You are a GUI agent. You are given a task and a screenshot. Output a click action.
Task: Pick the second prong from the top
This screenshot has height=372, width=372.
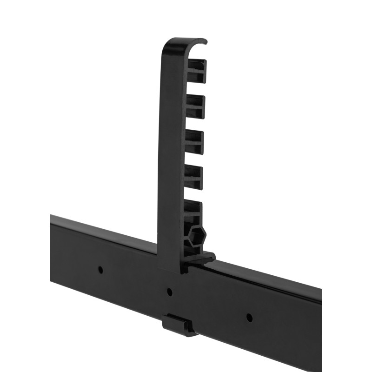click(195, 106)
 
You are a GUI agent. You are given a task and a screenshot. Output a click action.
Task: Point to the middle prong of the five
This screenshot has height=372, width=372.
click(194, 142)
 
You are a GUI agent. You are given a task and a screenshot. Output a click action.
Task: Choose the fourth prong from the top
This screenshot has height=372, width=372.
click(193, 177)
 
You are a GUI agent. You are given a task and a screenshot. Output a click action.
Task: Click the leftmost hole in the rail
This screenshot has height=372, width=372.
click(100, 269)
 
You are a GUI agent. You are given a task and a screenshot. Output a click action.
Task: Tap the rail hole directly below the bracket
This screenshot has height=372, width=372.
click(169, 292)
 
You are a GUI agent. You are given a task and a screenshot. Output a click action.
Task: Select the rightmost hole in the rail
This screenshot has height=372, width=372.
click(249, 318)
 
